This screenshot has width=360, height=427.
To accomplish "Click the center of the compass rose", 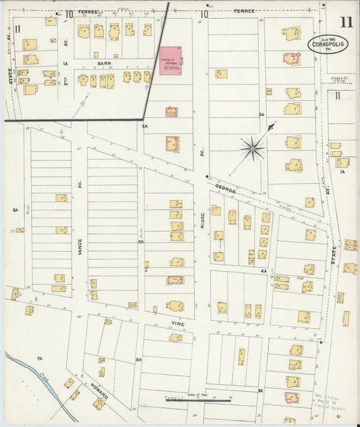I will pyautogui.click(x=253, y=146).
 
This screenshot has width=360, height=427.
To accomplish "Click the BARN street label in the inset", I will pyautogui.click(x=103, y=64).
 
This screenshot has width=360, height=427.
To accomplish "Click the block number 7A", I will pyautogui.click(x=40, y=358).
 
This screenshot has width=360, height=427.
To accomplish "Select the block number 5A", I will pyautogui.click(x=141, y=241).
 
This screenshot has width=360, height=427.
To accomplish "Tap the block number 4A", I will pyautogui.click(x=264, y=271).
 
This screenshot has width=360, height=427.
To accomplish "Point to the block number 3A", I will pyautogui.click(x=261, y=115).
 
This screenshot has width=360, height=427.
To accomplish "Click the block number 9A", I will pyautogui.click(x=259, y=390).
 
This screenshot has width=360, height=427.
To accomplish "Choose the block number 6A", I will pyautogui.click(x=15, y=210).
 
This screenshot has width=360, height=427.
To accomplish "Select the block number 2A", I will pyautogui.click(x=145, y=126).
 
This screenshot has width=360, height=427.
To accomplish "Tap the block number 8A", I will pyautogui.click(x=138, y=360).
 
